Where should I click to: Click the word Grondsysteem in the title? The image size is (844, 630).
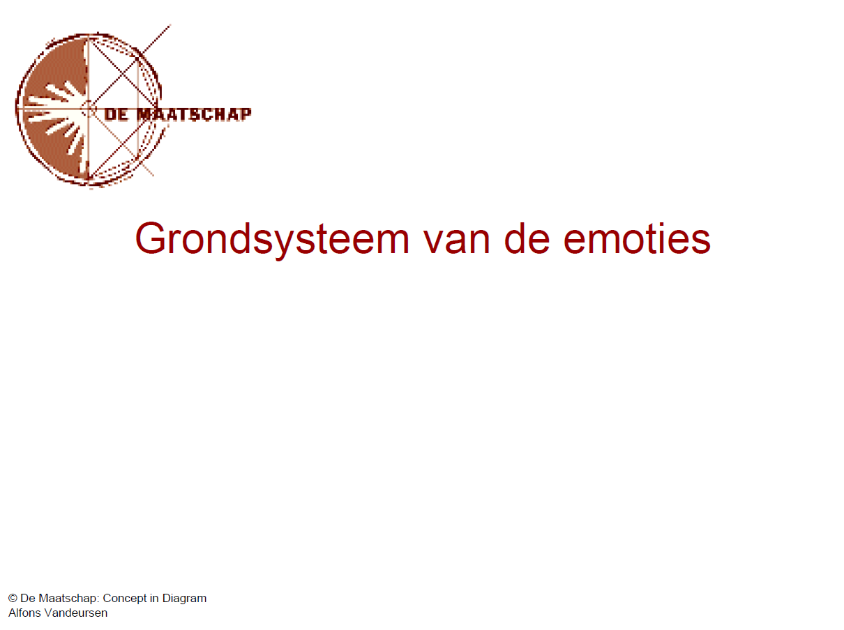[272, 240]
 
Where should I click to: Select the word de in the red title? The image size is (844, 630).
[527, 238]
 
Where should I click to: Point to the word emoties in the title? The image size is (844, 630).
[637, 238]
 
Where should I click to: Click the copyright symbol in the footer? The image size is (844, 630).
[13, 598]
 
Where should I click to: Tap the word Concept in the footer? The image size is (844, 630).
[125, 599]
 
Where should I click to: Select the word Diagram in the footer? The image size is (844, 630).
[184, 599]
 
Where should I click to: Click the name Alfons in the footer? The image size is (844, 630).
[24, 613]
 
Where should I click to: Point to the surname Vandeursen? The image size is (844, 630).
[76, 613]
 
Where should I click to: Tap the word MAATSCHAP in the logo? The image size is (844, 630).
[194, 114]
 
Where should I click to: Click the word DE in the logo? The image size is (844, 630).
[116, 114]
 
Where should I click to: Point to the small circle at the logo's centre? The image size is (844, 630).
[89, 109]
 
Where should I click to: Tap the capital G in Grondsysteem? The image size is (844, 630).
[151, 238]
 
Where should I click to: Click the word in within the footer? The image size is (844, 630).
[154, 598]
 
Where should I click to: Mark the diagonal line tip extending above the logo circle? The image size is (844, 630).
[170, 25]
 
